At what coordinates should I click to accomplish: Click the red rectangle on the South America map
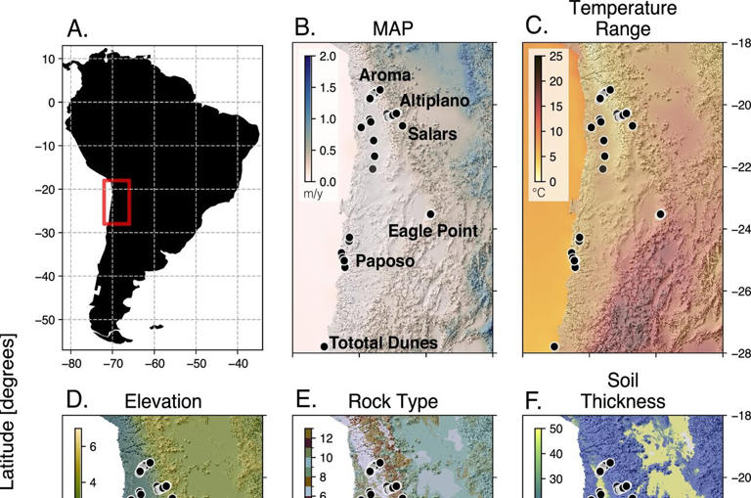(x=116, y=202)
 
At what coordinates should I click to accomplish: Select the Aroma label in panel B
(x=385, y=75)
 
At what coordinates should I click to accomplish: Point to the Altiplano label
(x=434, y=101)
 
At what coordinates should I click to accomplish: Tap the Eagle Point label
(x=432, y=231)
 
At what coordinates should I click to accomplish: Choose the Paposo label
(x=384, y=261)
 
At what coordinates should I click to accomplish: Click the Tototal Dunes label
(x=382, y=342)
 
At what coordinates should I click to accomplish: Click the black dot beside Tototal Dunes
(x=324, y=346)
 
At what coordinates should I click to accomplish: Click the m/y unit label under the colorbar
(x=312, y=194)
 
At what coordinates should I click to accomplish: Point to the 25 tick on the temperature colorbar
(x=555, y=57)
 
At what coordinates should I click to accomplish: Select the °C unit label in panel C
(x=539, y=194)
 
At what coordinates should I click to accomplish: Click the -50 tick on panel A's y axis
(x=44, y=320)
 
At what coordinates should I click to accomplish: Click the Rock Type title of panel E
(x=393, y=401)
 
